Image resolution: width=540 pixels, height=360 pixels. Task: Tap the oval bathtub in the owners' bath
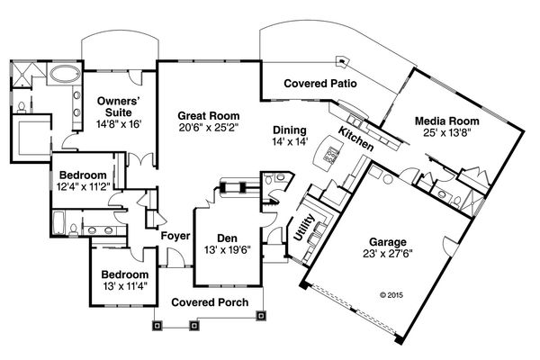tap(62, 75)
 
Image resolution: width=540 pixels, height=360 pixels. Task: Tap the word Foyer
tap(174, 236)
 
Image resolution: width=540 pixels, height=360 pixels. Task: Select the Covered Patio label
tap(321, 83)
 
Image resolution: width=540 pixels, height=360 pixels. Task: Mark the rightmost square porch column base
tap(262, 315)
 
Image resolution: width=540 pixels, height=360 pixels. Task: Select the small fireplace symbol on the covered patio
tap(340, 62)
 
